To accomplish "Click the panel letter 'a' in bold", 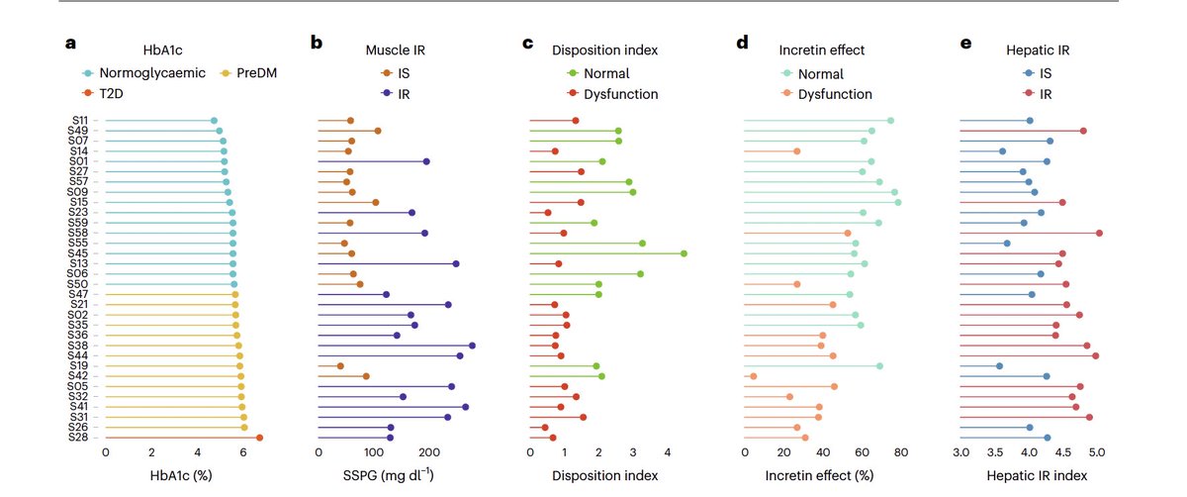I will coord(70,44).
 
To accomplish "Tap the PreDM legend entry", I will coord(248,73).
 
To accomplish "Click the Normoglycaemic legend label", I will coord(144,73).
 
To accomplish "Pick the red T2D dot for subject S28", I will coord(259,438).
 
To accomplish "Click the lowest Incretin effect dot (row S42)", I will coord(754,376).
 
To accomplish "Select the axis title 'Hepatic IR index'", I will coord(1032,476).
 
